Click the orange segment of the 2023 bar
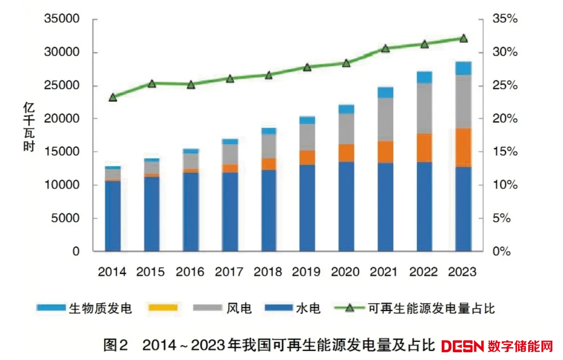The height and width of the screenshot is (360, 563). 463,148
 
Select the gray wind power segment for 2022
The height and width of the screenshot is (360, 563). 424,109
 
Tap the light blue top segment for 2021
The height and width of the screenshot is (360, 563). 385,92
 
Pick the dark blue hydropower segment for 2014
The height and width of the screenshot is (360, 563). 113,216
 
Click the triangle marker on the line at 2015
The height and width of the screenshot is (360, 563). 152,84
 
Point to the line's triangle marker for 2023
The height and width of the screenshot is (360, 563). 464,38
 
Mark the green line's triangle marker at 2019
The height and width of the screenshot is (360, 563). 307,67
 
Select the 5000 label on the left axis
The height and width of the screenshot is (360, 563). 65,218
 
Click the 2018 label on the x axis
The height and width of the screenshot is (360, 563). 268,272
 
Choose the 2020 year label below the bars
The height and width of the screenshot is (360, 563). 346,272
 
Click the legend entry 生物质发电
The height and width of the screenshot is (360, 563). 100,308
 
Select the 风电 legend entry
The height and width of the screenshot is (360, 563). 239,308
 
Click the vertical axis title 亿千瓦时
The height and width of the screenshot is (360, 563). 29,127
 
